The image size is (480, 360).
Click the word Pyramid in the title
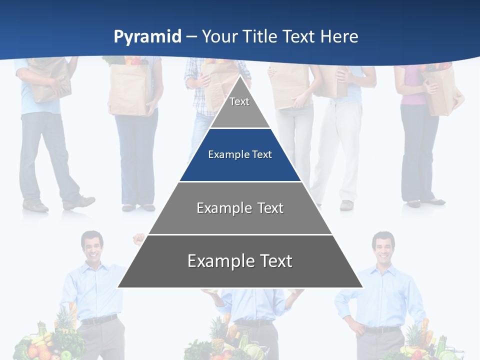click(147, 36)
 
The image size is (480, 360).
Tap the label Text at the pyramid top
click(239, 101)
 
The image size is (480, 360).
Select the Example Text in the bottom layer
click(240, 261)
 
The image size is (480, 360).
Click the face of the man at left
click(92, 246)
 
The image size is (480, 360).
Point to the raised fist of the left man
click(138, 239)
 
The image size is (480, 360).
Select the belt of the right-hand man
click(382, 329)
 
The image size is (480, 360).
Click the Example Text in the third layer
click(240, 208)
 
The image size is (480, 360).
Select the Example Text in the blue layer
click(240, 154)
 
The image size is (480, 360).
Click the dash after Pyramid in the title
click(191, 37)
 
